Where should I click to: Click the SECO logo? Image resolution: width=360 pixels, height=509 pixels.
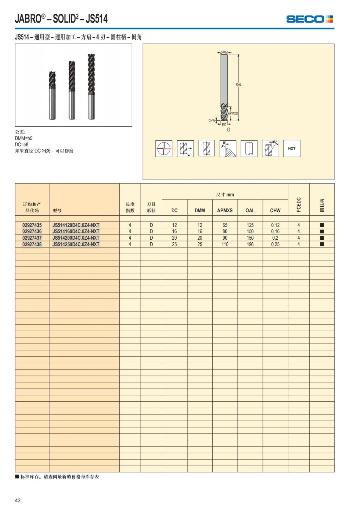coord(309,19)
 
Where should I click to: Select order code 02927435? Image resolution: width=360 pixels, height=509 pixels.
coord(32,225)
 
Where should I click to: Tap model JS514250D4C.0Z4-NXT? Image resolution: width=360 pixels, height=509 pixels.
coord(76,244)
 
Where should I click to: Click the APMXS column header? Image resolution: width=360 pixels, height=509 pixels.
coord(225,211)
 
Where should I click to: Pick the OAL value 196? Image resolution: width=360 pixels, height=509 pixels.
coord(250,244)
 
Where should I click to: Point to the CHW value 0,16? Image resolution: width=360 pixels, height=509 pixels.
coord(275,232)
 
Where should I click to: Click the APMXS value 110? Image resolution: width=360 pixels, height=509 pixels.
coord(225,244)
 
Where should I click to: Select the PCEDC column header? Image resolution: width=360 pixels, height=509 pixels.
coord(298,205)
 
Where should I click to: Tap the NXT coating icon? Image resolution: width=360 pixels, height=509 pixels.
coord(292,148)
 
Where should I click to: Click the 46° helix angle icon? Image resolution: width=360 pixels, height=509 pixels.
coord(270,148)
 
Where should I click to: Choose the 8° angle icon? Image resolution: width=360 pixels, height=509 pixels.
coord(228,148)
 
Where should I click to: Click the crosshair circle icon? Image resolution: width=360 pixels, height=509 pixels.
coord(164,148)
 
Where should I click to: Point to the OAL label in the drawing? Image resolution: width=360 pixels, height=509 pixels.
coord(238,85)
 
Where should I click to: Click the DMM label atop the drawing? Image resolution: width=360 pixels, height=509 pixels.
coord(224,52)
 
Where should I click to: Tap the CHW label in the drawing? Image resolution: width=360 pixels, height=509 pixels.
coord(211,121)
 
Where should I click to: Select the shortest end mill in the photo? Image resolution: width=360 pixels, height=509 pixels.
coord(52,95)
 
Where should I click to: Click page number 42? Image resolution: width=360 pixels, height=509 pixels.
coord(18,500)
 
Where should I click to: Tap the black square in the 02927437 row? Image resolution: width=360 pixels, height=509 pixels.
coord(322,238)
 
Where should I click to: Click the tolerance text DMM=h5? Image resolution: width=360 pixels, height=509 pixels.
coord(24,138)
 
